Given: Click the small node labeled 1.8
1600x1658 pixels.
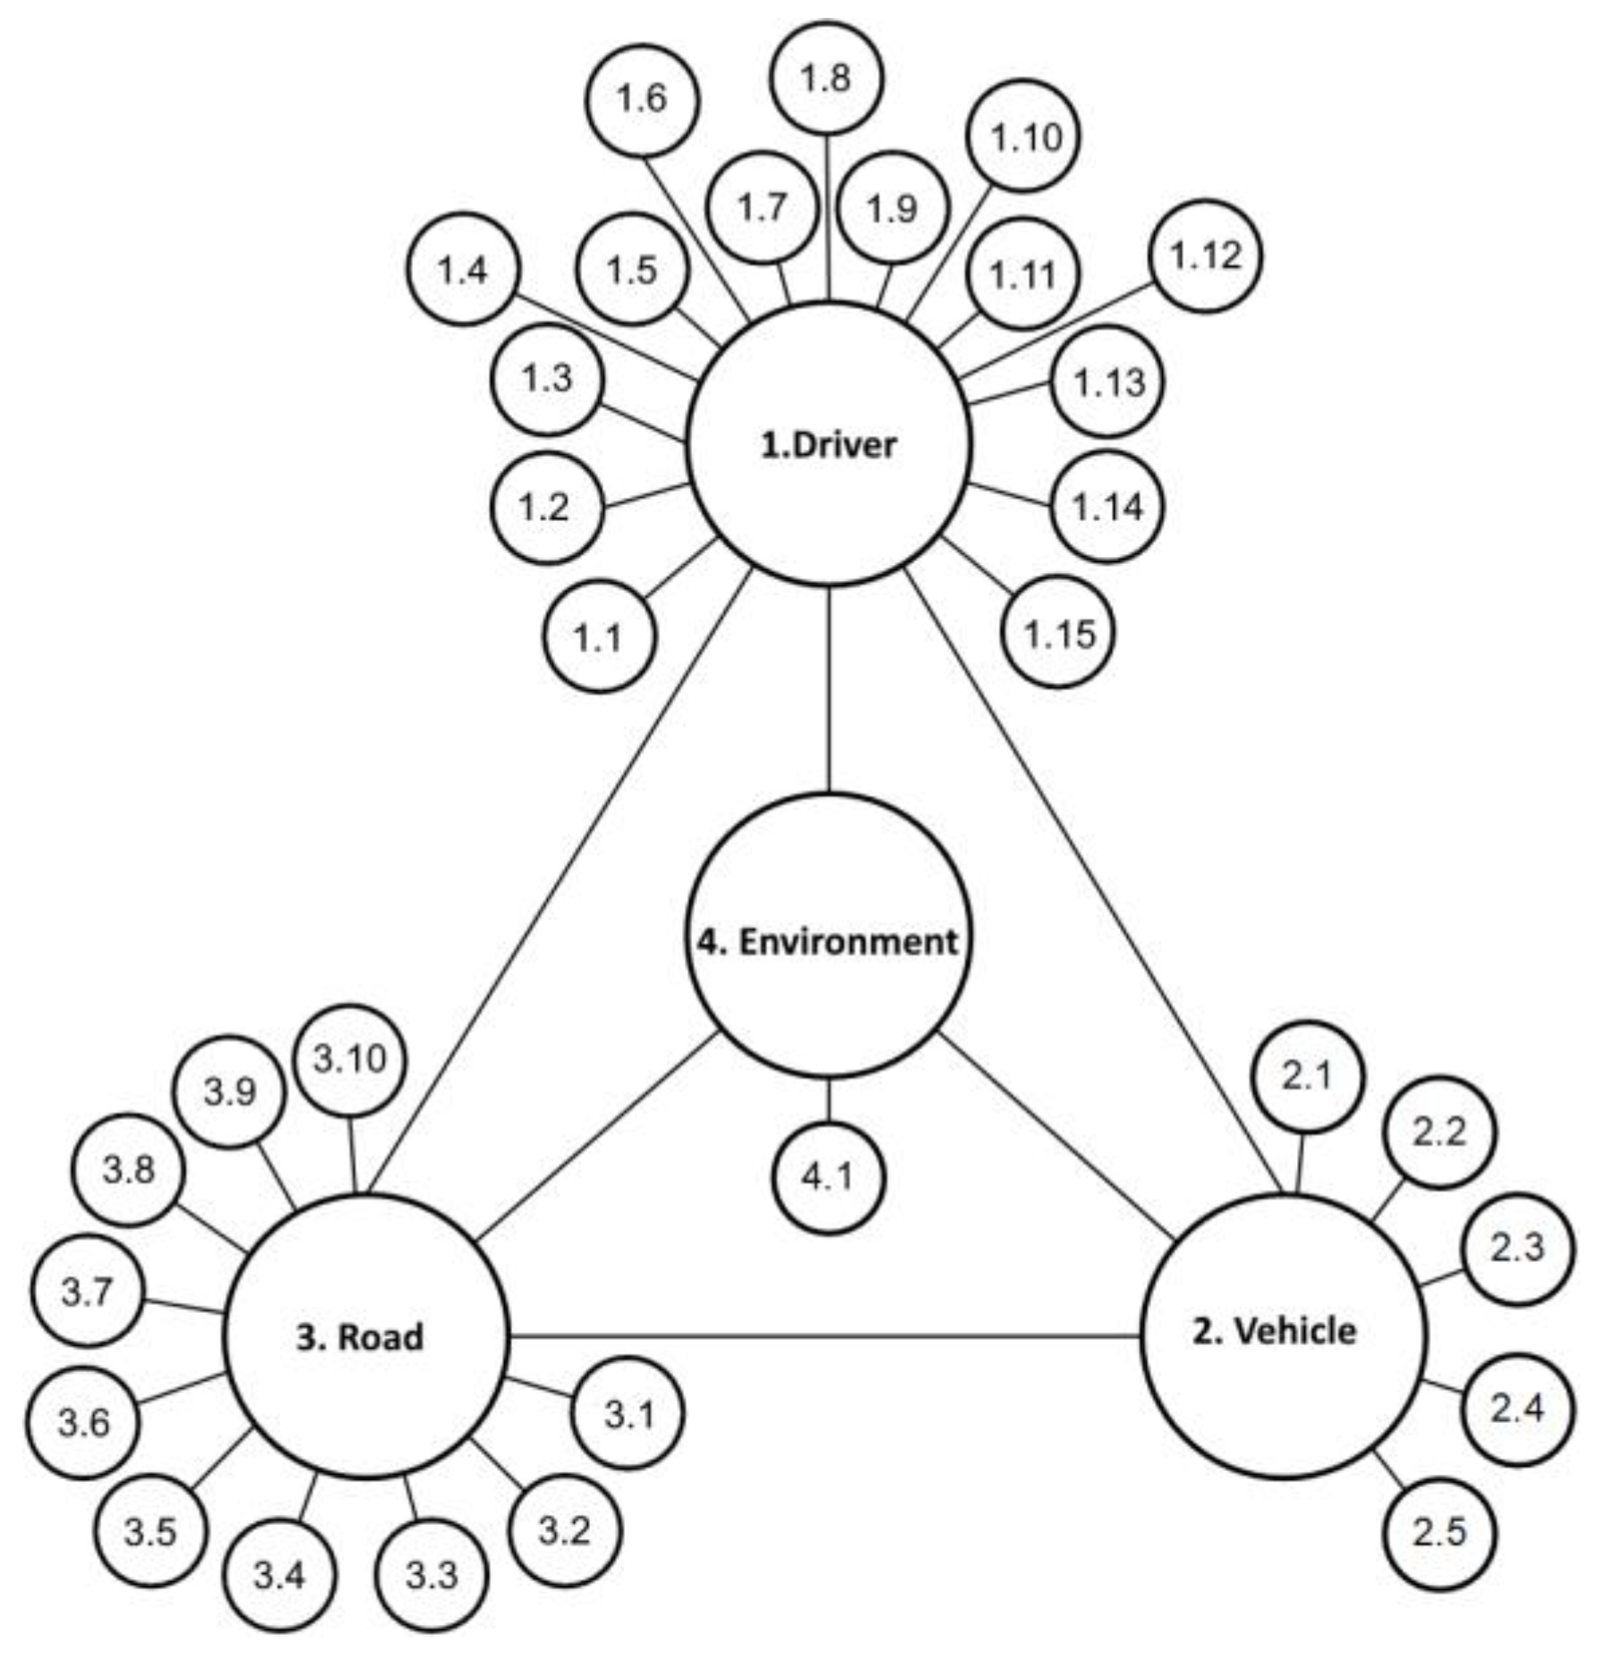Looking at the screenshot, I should [x=827, y=79].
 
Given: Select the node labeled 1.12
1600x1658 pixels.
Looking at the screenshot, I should [x=1206, y=257].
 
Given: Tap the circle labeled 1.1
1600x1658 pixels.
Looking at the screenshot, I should [x=598, y=637].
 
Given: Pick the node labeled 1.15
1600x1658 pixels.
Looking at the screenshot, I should [x=1059, y=633].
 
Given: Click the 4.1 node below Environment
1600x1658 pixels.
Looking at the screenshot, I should [x=829, y=1177].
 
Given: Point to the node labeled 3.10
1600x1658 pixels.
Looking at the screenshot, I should [x=350, y=1059].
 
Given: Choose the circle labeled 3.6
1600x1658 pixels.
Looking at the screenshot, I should [x=83, y=1422].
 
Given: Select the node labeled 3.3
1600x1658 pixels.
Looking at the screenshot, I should [x=433, y=1575].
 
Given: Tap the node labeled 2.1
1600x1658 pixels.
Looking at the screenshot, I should [x=1308, y=1077].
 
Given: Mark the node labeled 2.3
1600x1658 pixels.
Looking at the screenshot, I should [x=1517, y=1248].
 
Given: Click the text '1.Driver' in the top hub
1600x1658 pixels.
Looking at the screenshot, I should [x=829, y=444].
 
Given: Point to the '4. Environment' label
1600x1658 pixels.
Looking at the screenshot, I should [x=828, y=941].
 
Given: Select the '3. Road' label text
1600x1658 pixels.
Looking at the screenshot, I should [x=360, y=1338].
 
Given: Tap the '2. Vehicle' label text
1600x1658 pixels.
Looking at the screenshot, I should [x=1275, y=1332].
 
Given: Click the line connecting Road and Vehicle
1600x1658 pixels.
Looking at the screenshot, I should [x=822, y=1337].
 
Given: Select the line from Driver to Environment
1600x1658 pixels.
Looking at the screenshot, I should [x=829, y=688].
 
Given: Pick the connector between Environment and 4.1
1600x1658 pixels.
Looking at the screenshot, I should [x=829, y=1099].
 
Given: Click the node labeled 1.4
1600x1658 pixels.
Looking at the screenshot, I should [x=463, y=269].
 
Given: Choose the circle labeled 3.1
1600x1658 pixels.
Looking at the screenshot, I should [x=628, y=1414].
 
